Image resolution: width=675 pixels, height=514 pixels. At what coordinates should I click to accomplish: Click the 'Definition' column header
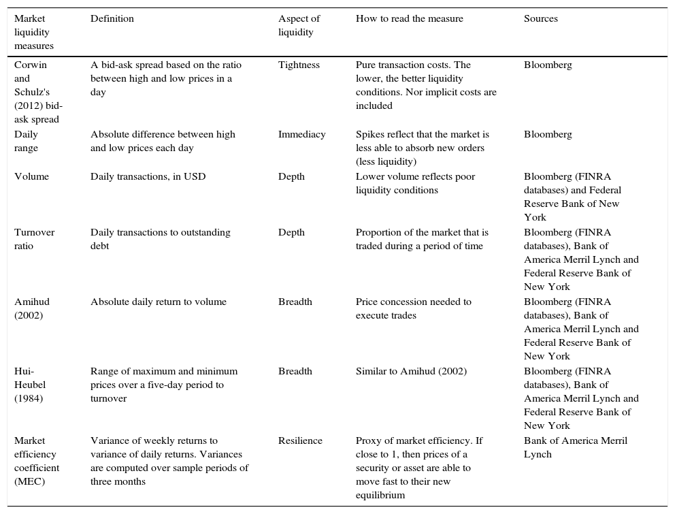(x=112, y=19)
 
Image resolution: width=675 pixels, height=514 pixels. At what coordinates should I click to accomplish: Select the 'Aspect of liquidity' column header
(x=299, y=25)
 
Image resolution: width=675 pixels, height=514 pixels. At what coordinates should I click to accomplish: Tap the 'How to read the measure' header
(x=409, y=19)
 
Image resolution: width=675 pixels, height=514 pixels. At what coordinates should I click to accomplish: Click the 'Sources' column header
(x=540, y=19)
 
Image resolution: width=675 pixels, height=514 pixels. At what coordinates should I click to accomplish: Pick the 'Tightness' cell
(x=299, y=65)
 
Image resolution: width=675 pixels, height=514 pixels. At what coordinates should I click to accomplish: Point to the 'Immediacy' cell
(x=301, y=135)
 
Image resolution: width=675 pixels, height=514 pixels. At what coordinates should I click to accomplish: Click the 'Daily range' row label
(x=27, y=141)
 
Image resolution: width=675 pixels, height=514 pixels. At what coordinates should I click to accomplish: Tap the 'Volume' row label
(x=31, y=177)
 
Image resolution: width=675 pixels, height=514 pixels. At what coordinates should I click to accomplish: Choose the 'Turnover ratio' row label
(x=35, y=239)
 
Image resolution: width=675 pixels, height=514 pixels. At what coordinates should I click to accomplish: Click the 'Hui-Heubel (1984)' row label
(x=30, y=385)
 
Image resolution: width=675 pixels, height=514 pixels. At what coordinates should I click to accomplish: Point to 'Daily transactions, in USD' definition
(x=148, y=177)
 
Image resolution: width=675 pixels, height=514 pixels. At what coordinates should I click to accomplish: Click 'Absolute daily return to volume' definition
(x=158, y=302)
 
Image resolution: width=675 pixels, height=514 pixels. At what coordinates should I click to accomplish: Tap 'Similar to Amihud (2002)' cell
(x=411, y=372)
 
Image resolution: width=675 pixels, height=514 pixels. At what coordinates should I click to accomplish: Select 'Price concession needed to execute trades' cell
(x=413, y=308)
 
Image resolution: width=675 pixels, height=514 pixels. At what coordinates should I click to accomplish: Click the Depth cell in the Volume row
(x=291, y=177)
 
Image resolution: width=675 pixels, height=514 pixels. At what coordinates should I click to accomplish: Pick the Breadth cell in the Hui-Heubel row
(x=295, y=372)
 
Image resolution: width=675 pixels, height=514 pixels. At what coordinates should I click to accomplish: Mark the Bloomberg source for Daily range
(x=548, y=135)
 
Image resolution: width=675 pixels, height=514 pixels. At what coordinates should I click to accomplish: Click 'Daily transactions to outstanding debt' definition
(x=160, y=239)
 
